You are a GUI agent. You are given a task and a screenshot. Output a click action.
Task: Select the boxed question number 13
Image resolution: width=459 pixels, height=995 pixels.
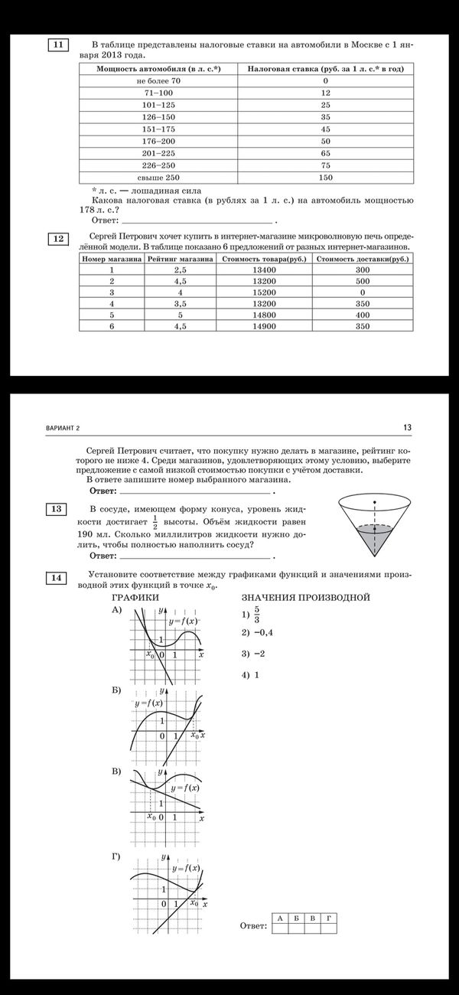point(58,509)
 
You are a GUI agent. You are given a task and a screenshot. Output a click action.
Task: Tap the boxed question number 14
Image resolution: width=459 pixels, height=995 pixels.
point(58,577)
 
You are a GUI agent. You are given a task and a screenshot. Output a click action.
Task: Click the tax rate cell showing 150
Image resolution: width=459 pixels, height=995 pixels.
point(325,177)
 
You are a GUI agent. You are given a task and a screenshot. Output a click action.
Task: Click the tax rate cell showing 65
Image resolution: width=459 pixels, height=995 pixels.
point(325,153)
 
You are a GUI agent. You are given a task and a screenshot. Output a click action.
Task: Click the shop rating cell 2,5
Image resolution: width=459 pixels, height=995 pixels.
point(181,270)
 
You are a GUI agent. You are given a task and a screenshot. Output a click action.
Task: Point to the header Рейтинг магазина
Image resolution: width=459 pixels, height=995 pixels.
point(181,259)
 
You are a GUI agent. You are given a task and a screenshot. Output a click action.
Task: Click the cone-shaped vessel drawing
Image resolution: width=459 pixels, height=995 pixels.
point(374,528)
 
